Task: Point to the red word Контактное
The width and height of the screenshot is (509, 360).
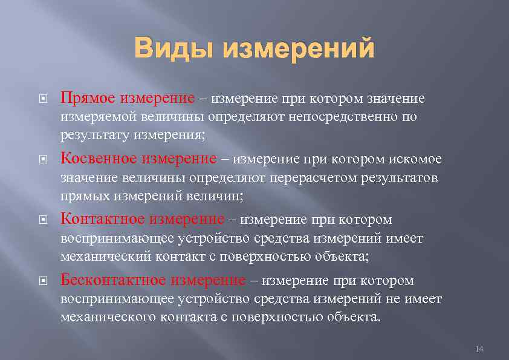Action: [x=103, y=219]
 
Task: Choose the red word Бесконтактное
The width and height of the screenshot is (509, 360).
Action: [x=113, y=281]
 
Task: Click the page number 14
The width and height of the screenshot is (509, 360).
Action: [x=480, y=349]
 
